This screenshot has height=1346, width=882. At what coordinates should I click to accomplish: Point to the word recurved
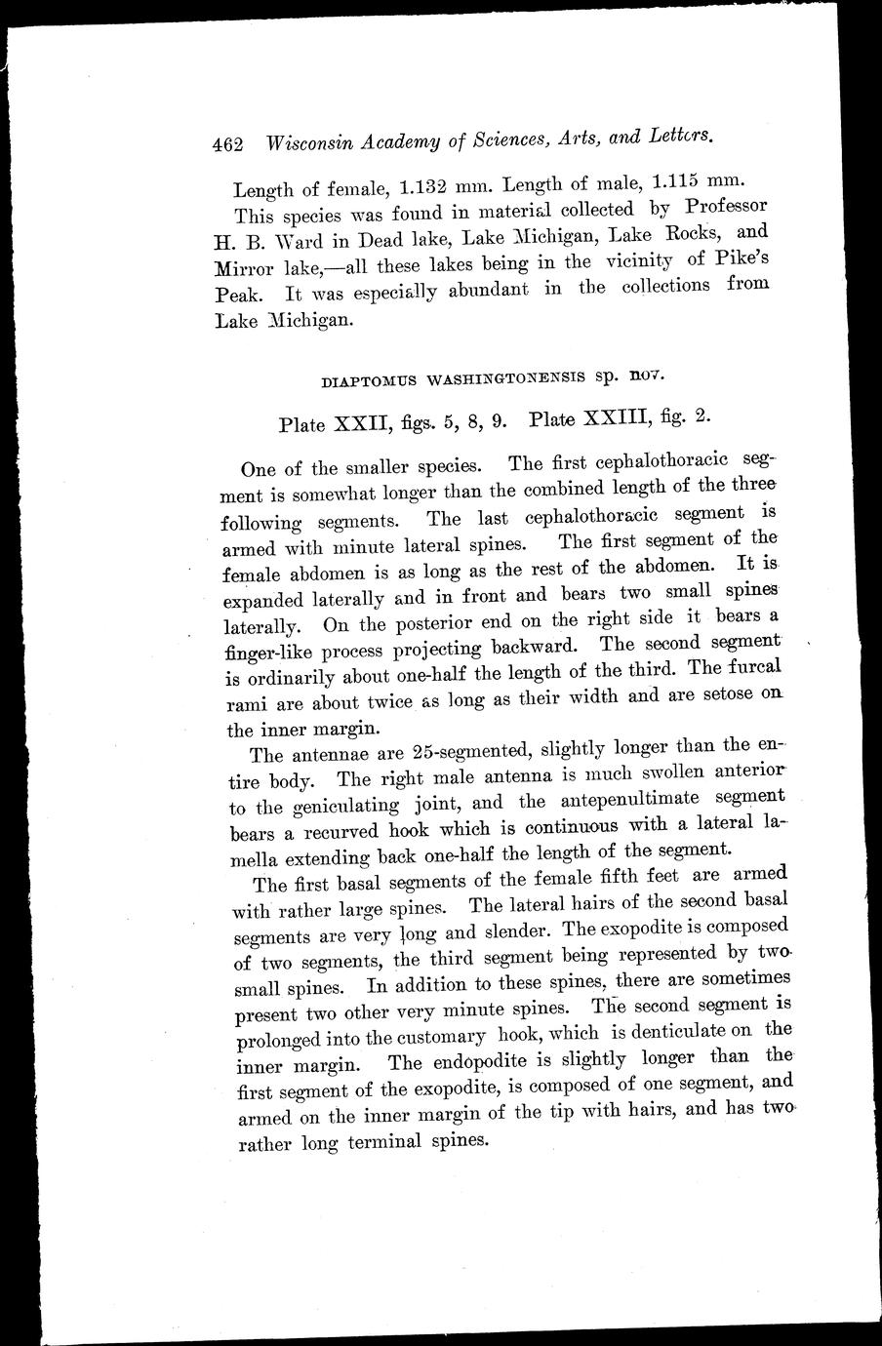point(331,832)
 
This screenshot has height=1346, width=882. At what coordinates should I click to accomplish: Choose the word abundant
point(483,290)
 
